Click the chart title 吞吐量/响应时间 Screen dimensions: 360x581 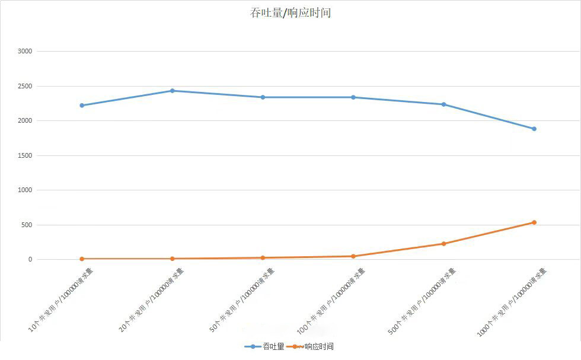290,12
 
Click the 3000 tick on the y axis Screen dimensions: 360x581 25,52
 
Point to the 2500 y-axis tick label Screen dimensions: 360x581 25,87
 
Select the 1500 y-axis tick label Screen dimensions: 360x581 25,156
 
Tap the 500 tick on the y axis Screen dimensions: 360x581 27,225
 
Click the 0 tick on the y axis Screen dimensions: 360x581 30,260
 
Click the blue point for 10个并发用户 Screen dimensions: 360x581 82,106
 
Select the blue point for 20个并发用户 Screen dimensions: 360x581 173,91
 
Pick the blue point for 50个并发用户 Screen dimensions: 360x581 263,97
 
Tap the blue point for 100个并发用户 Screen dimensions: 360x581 353,97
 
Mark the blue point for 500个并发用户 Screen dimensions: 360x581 443,104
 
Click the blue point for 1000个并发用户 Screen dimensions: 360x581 534,129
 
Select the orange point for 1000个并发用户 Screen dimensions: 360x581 534,222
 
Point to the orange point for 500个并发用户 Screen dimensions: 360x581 443,244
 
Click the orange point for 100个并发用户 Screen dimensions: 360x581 353,256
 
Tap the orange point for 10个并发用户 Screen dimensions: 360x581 82,259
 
